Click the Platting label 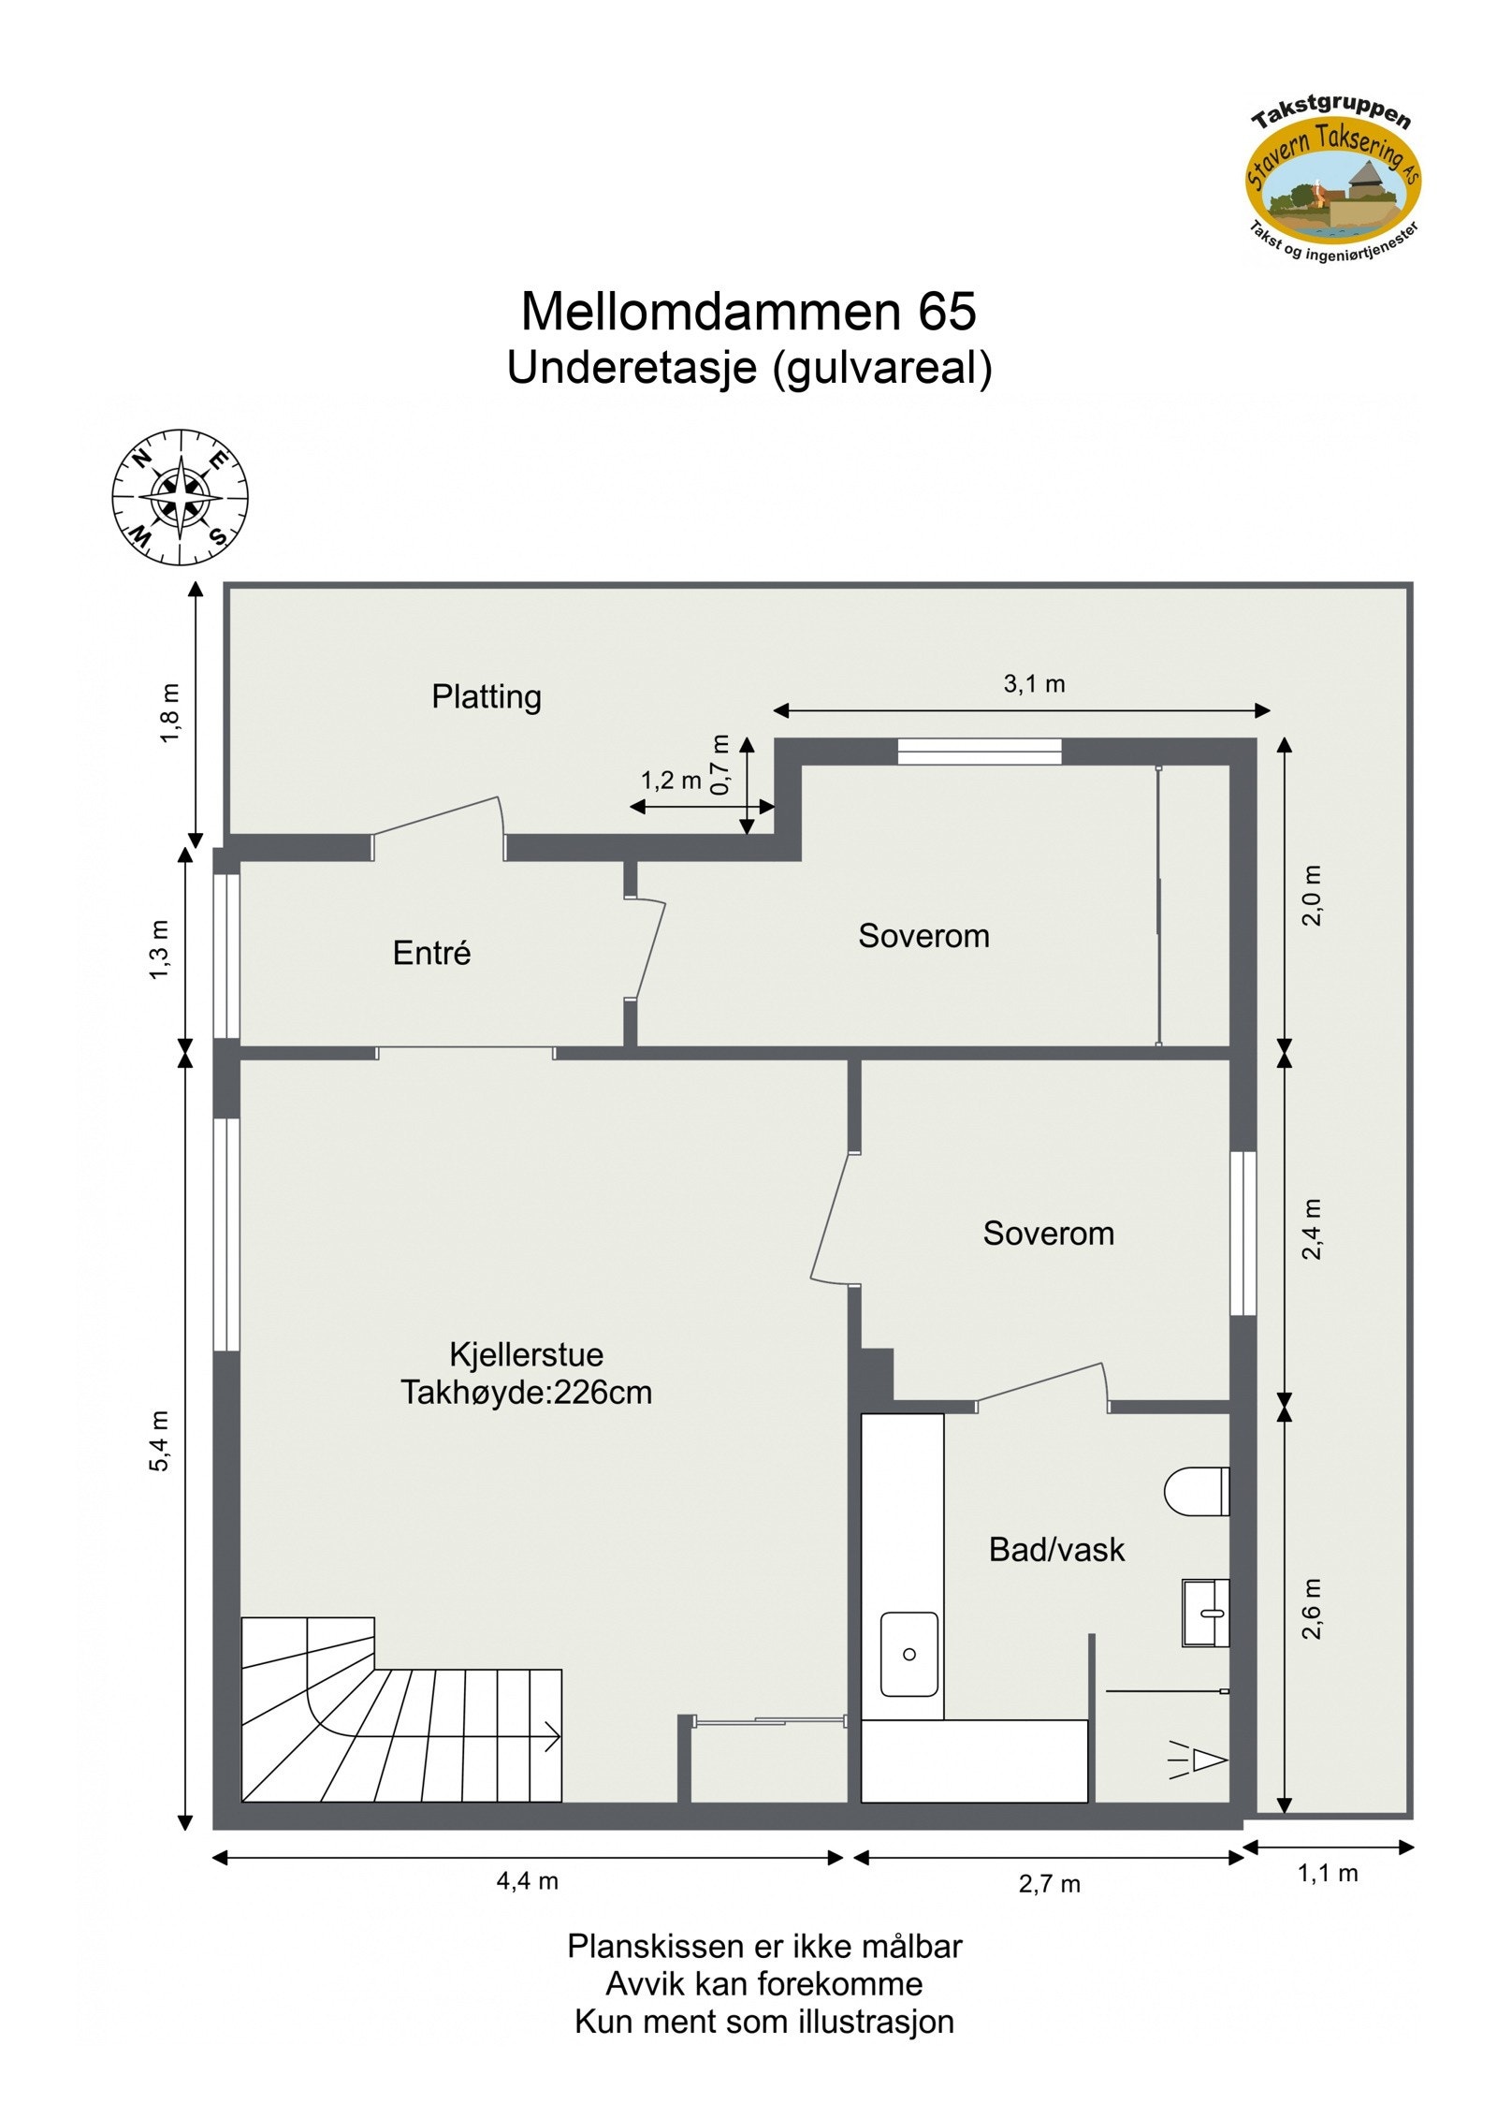tap(486, 696)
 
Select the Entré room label tap(431, 953)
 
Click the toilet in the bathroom tap(1195, 1491)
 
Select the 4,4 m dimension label tap(527, 1881)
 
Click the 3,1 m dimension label tap(1034, 684)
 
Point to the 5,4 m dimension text tap(160, 1440)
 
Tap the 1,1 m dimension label tap(1327, 1873)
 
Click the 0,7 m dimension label tap(719, 765)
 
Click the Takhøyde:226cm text tap(526, 1393)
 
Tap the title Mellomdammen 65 tap(748, 312)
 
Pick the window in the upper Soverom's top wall tap(979, 751)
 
